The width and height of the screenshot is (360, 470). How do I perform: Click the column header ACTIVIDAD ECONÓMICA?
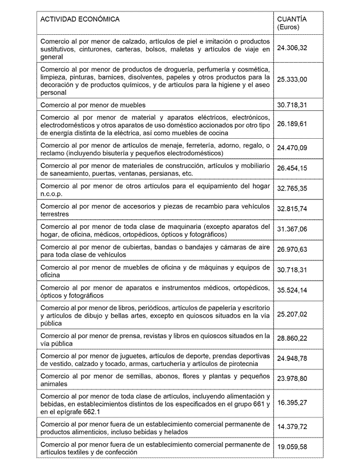(x=80, y=19)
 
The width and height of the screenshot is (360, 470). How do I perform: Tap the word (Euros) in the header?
(x=288, y=27)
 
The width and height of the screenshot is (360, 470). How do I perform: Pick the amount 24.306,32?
(x=292, y=48)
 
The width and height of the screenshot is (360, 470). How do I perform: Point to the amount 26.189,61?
(x=292, y=123)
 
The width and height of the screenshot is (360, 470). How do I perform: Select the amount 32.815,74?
(x=292, y=209)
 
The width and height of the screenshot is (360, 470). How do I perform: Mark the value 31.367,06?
(x=292, y=229)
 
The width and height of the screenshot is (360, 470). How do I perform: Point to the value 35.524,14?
(x=292, y=290)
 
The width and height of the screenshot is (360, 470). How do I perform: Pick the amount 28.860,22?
(x=292, y=339)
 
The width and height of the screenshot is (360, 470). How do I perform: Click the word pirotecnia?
(x=240, y=364)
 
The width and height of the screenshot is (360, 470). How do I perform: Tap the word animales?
(x=55, y=384)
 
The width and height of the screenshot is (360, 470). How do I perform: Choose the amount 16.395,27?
(x=292, y=403)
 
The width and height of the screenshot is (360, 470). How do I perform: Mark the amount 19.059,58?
(x=292, y=447)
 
